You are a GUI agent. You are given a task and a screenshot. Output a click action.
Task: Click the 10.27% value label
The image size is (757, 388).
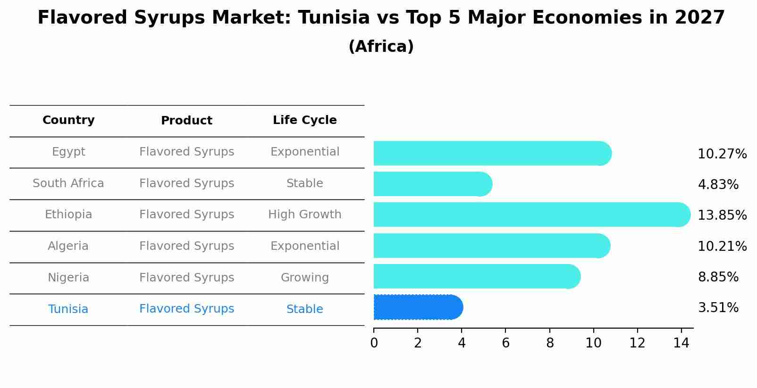[722, 154]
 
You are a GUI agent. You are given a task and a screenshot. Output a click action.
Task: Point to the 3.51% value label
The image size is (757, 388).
[718, 308]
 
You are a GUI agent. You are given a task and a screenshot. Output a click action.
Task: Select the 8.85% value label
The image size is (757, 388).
[718, 277]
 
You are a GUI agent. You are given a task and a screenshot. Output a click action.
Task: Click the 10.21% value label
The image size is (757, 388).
[722, 247]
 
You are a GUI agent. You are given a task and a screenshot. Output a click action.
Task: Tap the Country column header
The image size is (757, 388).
[68, 120]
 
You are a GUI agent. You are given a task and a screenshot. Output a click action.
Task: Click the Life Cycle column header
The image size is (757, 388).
[304, 120]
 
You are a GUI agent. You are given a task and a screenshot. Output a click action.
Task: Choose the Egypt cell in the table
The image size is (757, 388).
[68, 152]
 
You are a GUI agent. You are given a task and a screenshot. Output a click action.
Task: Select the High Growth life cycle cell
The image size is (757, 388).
[304, 215]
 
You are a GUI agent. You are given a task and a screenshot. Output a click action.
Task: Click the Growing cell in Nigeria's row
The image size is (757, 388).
[304, 278]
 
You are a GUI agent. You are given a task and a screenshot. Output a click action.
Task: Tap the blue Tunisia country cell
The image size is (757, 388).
[68, 309]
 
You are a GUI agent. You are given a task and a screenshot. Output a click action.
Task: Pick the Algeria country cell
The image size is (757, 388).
[68, 246]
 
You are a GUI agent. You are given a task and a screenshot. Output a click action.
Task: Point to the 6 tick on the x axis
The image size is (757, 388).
[505, 343]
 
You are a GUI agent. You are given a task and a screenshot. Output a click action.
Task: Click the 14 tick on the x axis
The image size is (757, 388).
[681, 343]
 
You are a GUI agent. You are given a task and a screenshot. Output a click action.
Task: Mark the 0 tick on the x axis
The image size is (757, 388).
[374, 343]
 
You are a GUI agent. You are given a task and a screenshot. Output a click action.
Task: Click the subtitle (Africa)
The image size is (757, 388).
[381, 47]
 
